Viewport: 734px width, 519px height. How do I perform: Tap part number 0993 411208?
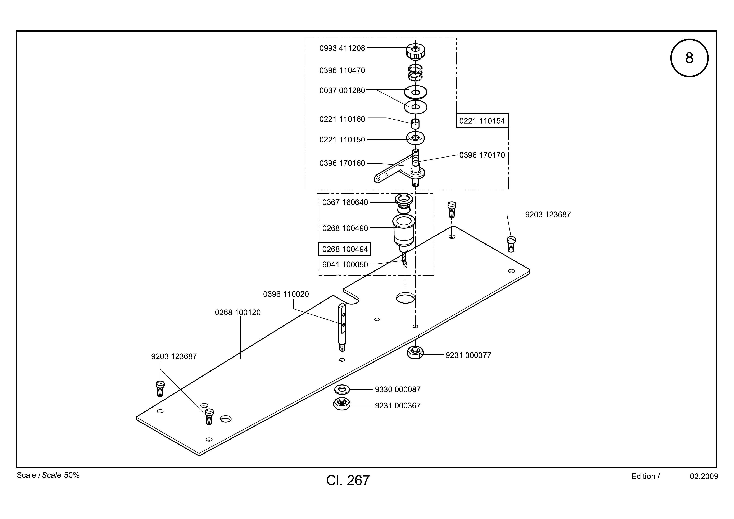[x=342, y=48]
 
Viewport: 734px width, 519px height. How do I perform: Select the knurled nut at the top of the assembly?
[x=415, y=52]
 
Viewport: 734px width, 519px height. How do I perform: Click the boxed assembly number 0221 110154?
[x=482, y=121]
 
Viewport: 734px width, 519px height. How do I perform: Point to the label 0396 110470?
[x=342, y=70]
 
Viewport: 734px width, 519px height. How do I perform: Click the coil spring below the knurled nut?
[x=415, y=72]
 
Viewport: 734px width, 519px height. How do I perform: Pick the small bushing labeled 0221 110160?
[x=415, y=124]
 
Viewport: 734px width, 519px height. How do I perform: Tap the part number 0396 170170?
[x=482, y=155]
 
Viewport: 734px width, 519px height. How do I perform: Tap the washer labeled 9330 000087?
[x=342, y=389]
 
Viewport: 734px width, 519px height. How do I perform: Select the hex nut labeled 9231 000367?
[x=342, y=405]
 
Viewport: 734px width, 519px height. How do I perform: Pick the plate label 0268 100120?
[x=238, y=312]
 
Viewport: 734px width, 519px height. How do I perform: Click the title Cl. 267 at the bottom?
[x=348, y=480]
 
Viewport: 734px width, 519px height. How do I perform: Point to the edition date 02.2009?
[x=704, y=477]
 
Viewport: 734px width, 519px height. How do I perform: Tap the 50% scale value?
[x=72, y=475]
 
